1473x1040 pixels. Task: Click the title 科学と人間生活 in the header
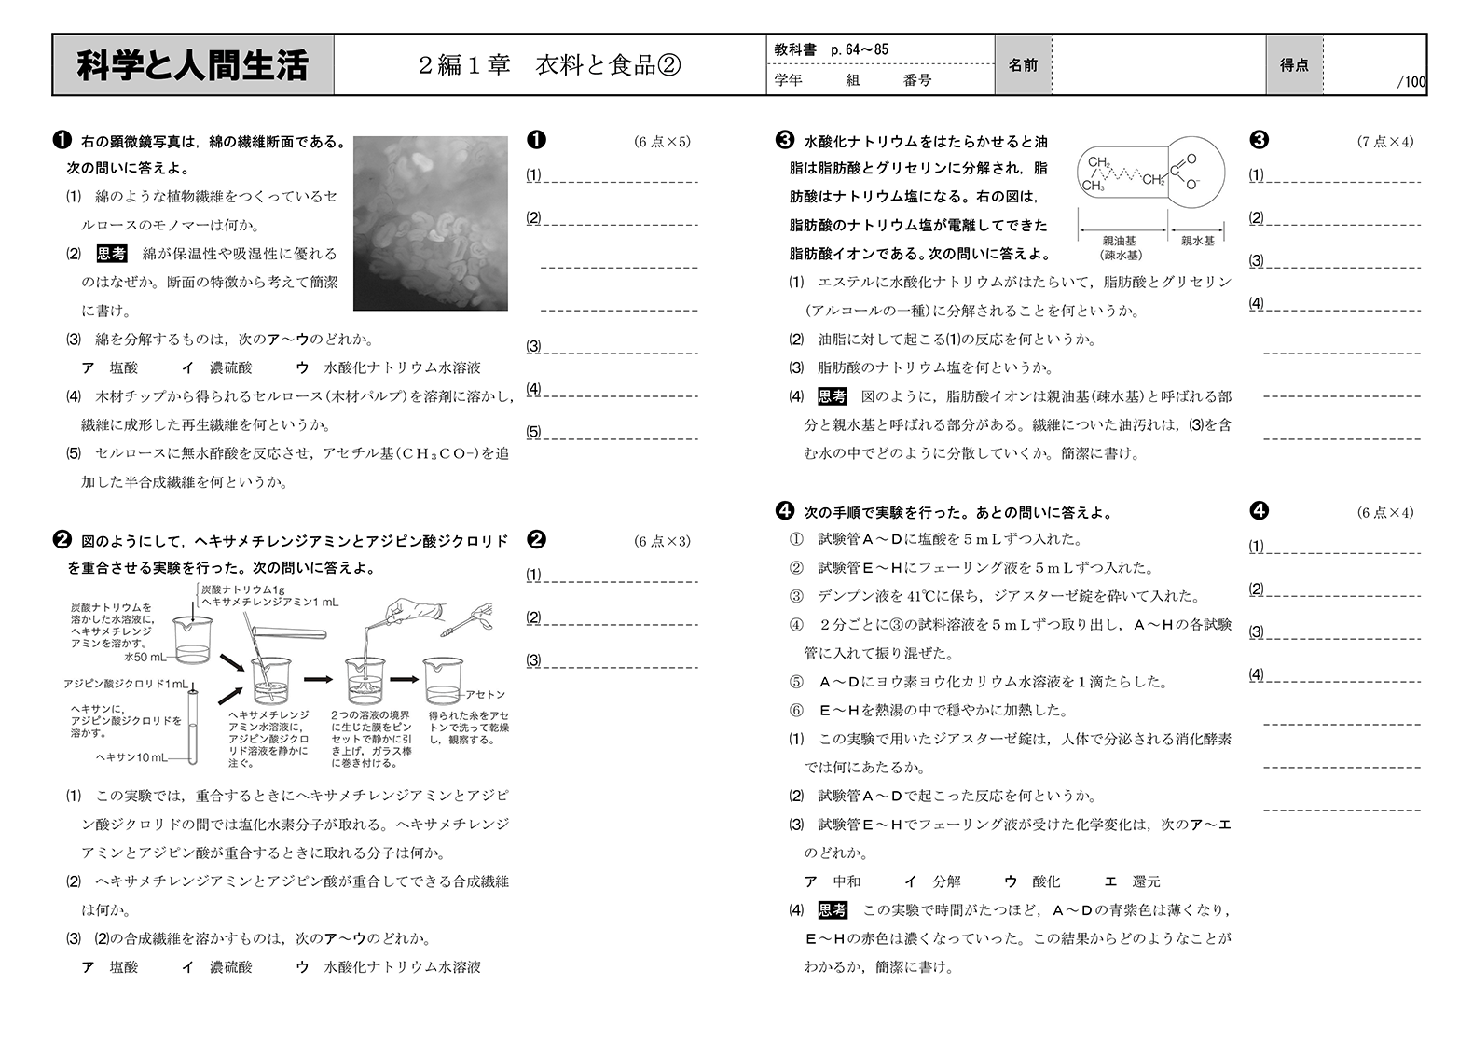(192, 65)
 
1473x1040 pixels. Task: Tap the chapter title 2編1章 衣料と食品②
(549, 65)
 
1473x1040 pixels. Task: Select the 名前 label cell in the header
(1023, 65)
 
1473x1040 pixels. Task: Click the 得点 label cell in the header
(1293, 65)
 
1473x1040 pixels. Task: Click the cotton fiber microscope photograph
(431, 223)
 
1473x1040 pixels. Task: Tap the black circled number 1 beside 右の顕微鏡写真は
(62, 141)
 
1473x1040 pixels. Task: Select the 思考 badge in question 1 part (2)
(112, 254)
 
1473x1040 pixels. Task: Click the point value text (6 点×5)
(662, 142)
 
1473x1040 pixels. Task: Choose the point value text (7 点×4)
(1384, 142)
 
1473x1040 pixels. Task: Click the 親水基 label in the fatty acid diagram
(1197, 241)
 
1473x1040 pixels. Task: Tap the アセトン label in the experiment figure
(485, 694)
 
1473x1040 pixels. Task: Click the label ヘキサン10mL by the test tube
(131, 757)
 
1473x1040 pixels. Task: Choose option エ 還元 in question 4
(1132, 881)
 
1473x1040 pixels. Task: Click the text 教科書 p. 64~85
(831, 49)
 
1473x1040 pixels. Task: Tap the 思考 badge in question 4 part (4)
(833, 910)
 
